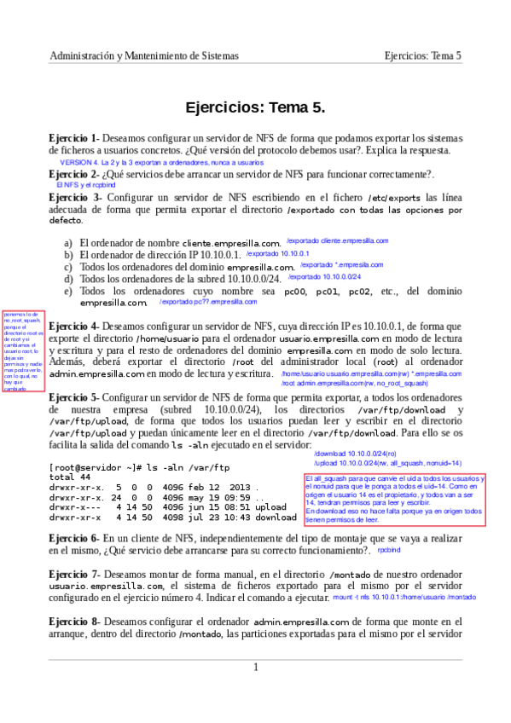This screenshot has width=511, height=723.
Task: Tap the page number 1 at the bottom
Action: pyautogui.click(x=255, y=667)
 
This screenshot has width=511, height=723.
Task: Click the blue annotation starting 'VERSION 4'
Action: pyautogui.click(x=161, y=162)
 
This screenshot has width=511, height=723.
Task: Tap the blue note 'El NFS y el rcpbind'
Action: pyautogui.click(x=85, y=184)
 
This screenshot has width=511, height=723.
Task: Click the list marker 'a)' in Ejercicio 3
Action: pyautogui.click(x=68, y=243)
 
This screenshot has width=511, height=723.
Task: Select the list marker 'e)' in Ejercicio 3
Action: pyautogui.click(x=68, y=291)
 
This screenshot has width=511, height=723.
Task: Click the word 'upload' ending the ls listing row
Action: pyautogui.click(x=271, y=506)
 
